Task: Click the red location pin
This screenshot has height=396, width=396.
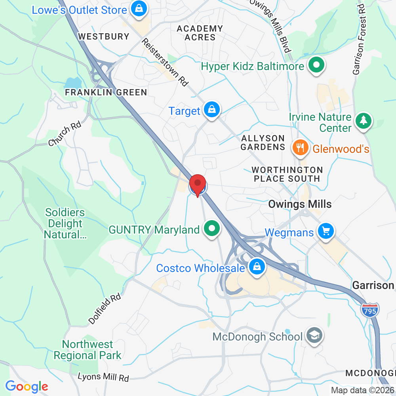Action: tap(198, 185)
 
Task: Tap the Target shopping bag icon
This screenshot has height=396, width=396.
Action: tap(212, 110)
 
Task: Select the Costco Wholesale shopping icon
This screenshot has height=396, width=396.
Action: tap(257, 267)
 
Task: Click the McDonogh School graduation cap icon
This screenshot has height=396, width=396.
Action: tap(315, 336)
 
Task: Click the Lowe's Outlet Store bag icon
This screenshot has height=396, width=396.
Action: tap(139, 9)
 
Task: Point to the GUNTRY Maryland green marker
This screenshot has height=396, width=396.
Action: tap(211, 229)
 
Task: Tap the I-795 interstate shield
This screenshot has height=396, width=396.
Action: tap(370, 309)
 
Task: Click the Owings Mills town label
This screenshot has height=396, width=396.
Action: tap(300, 204)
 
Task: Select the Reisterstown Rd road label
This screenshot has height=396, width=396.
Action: tap(165, 62)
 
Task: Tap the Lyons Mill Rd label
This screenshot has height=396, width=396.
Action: tap(103, 377)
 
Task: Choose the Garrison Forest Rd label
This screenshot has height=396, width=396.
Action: tap(359, 40)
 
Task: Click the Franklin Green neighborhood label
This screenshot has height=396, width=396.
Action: tap(106, 93)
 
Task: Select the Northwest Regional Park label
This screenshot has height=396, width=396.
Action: tap(88, 350)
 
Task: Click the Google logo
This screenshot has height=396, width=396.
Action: tap(27, 386)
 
